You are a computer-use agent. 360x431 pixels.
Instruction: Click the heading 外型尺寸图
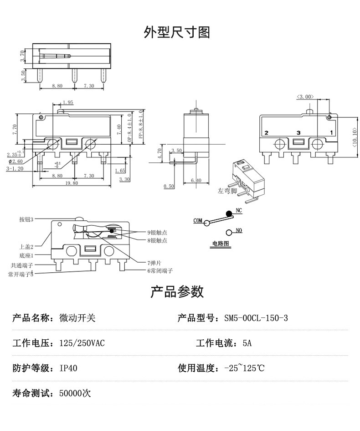[x=177, y=32]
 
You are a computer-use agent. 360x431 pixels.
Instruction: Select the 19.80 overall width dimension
[x=72, y=183]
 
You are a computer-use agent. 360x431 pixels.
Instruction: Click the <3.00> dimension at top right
[x=305, y=97]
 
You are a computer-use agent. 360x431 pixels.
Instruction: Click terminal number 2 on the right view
[x=267, y=132]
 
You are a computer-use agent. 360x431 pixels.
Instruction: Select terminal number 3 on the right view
[x=298, y=132]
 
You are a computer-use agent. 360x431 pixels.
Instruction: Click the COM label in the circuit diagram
[x=197, y=221]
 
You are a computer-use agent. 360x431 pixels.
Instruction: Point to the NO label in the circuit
[x=239, y=231]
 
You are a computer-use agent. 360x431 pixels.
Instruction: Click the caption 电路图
[x=221, y=244]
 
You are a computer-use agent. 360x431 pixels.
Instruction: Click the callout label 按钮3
[x=26, y=219]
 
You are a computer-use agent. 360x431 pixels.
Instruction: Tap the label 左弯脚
[x=227, y=192]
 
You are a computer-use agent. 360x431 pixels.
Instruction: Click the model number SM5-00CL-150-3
[x=256, y=318]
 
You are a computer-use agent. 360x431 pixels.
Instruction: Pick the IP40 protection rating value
[x=68, y=368]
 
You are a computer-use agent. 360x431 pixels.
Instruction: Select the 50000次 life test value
[x=75, y=393]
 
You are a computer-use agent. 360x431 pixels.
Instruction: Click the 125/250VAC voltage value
[x=82, y=343]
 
